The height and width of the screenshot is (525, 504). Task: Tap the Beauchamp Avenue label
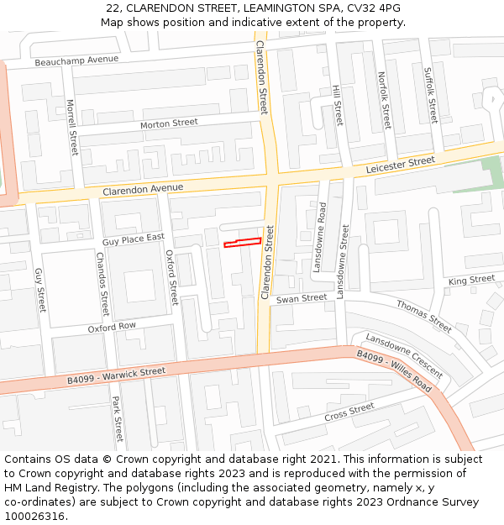pos(76,60)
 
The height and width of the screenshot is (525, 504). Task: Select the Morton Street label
pos(169,123)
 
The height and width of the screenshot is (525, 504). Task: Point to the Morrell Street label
pos(72,128)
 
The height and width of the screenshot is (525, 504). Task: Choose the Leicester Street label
pos(400,165)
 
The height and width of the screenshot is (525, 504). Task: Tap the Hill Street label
pos(338,105)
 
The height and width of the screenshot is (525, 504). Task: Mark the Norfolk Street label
pos(385,100)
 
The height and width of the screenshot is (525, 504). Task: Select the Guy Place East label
pos(133,239)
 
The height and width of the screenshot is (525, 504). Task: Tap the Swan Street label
pos(302,298)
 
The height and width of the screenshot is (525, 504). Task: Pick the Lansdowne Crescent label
pos(404,354)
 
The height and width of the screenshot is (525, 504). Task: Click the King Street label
pos(471,280)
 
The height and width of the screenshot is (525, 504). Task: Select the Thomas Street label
pos(424,316)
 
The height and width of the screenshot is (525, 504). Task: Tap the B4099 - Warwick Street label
pos(117,375)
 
